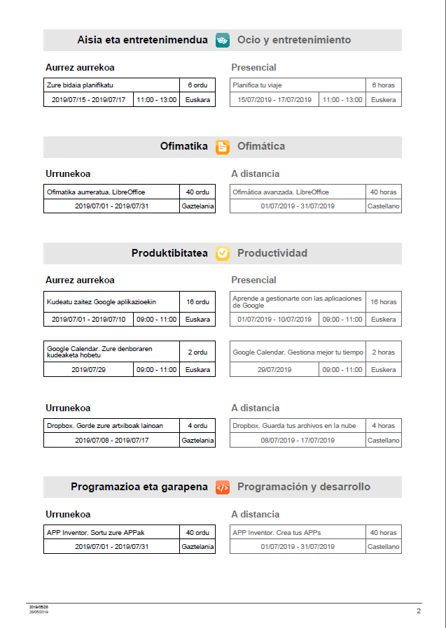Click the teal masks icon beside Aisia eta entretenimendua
(x=223, y=40)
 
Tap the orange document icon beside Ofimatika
(x=223, y=147)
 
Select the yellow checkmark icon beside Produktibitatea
(x=223, y=253)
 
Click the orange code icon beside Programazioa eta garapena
(x=223, y=487)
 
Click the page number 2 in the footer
(x=419, y=611)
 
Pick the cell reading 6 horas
(x=383, y=85)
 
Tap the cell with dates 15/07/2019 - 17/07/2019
(x=274, y=100)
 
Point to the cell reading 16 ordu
(x=197, y=302)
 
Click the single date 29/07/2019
(x=274, y=369)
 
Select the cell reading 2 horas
(x=383, y=352)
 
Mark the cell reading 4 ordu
(x=197, y=425)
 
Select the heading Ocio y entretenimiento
(x=294, y=40)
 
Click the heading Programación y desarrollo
(x=304, y=487)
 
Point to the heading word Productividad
(x=272, y=253)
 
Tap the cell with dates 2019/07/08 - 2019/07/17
(x=111, y=441)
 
